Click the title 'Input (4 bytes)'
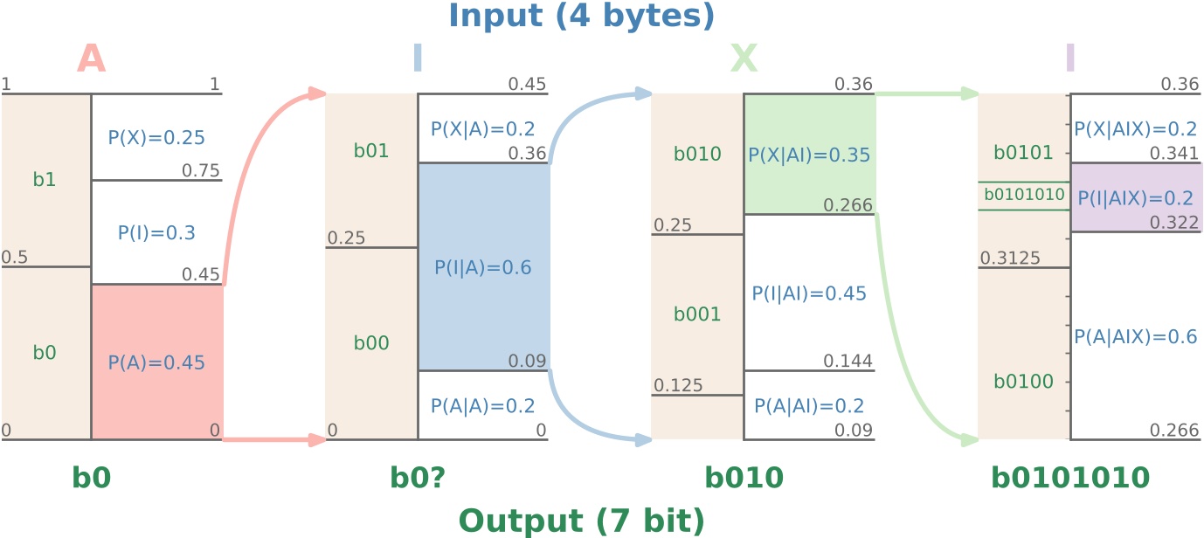point(581,16)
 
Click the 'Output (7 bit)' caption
point(581,521)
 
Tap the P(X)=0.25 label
point(156,137)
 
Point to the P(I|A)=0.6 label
point(483,268)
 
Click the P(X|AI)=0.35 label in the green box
point(809,155)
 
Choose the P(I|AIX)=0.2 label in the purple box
point(1135,198)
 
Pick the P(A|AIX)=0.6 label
point(1135,337)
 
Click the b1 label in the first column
point(45,180)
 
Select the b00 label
point(371,344)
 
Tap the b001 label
point(697,314)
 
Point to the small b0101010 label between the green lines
point(1024,195)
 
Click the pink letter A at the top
point(91,59)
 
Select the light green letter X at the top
point(744,59)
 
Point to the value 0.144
point(848,362)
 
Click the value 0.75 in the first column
point(201,170)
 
